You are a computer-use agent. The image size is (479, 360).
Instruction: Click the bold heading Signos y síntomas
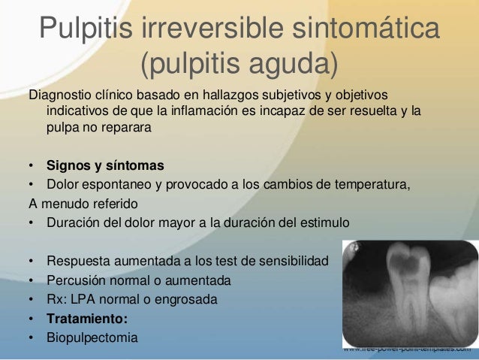point(105,165)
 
